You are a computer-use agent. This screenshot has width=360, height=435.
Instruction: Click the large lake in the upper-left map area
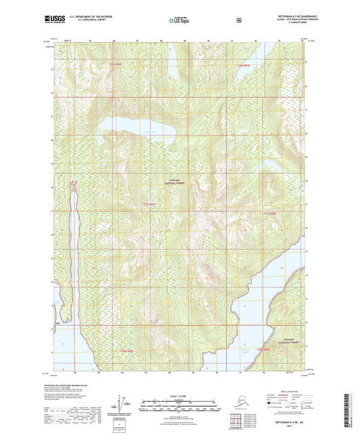pos(135,126)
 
